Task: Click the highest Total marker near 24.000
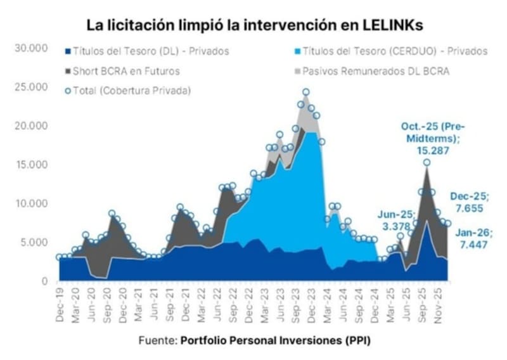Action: coord(305,93)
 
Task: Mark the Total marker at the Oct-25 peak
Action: coord(427,162)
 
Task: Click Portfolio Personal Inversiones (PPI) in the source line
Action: coord(275,340)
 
